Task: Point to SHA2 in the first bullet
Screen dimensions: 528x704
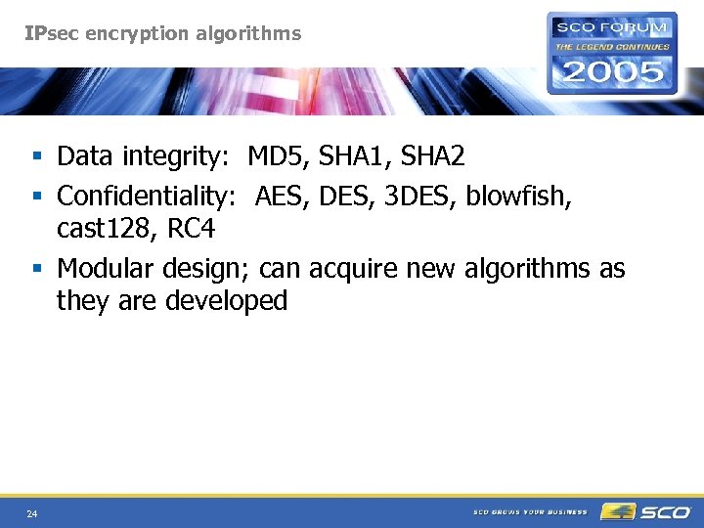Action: point(431,156)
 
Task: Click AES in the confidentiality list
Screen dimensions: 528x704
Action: point(282,197)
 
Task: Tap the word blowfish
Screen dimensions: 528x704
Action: point(518,197)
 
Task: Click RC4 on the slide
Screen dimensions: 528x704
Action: point(191,230)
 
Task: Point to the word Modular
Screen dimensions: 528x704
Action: point(103,268)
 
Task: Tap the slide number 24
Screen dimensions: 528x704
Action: point(32,513)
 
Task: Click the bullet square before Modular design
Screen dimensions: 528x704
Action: point(37,269)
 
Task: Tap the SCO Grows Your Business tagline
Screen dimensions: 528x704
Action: point(530,511)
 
